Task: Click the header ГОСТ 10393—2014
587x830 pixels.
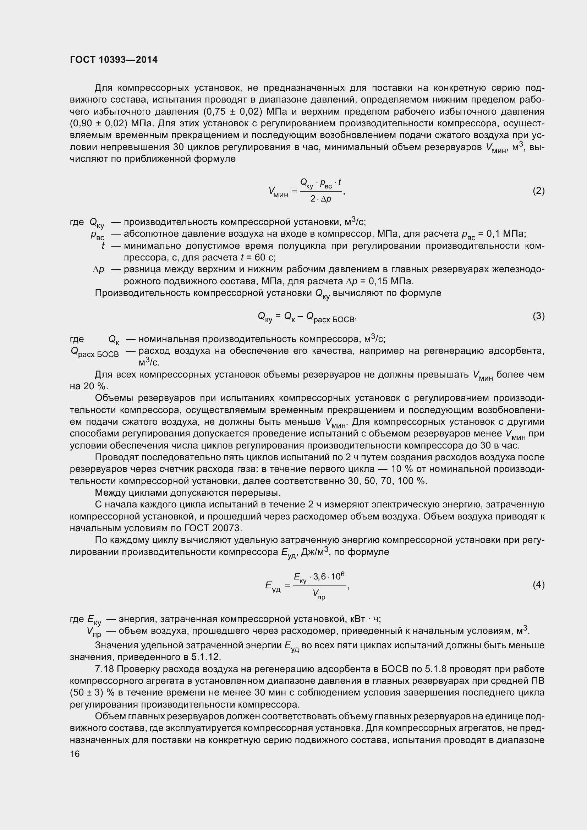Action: (114, 60)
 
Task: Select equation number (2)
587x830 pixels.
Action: (538, 191)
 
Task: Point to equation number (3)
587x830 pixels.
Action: (538, 316)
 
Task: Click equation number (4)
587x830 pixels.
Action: (538, 584)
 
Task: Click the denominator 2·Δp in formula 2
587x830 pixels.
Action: (320, 199)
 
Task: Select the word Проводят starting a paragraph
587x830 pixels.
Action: (117, 457)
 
